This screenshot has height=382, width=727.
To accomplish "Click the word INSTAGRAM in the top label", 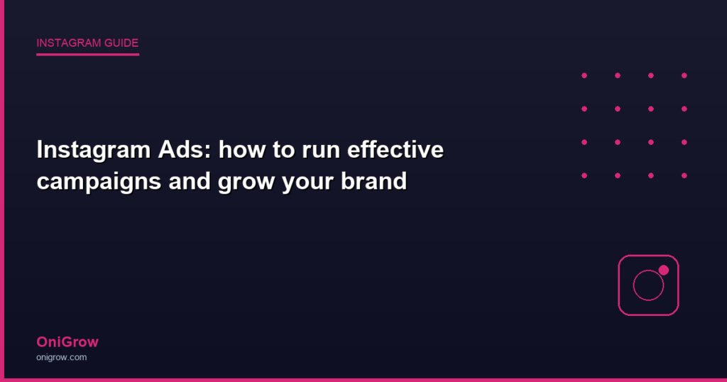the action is [x=69, y=43].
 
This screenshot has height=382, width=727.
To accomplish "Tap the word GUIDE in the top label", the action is [x=121, y=43].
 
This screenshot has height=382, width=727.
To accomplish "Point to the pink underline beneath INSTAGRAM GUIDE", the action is [x=87, y=54].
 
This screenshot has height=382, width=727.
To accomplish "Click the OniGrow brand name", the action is [x=67, y=342].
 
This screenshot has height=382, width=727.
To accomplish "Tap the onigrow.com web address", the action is [x=62, y=357].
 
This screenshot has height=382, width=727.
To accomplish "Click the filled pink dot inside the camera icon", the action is [x=664, y=271].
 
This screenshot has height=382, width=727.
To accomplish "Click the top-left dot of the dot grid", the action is [x=584, y=75].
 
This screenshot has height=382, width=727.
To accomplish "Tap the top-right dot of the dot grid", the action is [x=684, y=75].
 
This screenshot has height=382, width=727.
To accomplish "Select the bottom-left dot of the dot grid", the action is [x=584, y=175].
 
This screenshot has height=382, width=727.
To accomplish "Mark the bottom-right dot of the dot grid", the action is [x=684, y=175].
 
